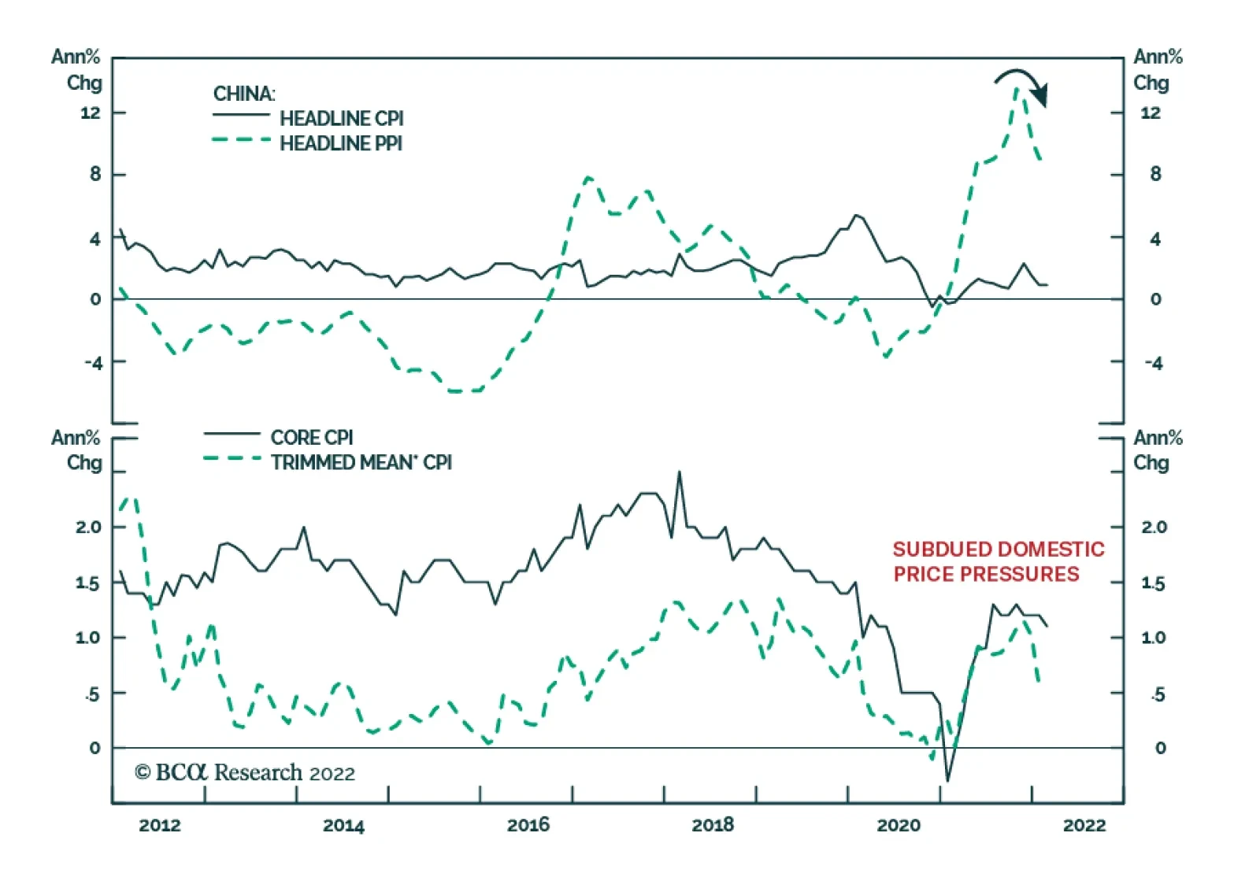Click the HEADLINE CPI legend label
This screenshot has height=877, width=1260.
(x=341, y=119)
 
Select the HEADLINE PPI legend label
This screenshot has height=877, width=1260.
(x=340, y=144)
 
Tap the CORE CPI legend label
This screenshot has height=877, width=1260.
(x=312, y=438)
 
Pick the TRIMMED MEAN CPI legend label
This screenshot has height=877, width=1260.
(x=361, y=463)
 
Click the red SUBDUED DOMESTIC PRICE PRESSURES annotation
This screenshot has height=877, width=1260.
(x=998, y=561)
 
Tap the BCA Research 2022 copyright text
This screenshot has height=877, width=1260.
(x=245, y=773)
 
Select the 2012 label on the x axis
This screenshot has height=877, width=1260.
(x=160, y=826)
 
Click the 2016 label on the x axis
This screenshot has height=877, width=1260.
(x=528, y=826)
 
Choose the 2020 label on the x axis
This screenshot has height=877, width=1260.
(x=898, y=826)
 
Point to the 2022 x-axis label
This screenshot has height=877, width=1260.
(x=1084, y=826)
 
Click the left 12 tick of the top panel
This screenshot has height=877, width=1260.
(x=91, y=113)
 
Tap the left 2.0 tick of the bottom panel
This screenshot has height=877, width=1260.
(x=89, y=527)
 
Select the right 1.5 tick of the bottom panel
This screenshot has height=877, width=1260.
(x=1153, y=584)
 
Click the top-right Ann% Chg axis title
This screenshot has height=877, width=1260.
(x=1158, y=69)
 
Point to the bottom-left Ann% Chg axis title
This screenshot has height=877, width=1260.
(x=76, y=450)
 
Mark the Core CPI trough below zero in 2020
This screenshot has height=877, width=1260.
(x=947, y=780)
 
